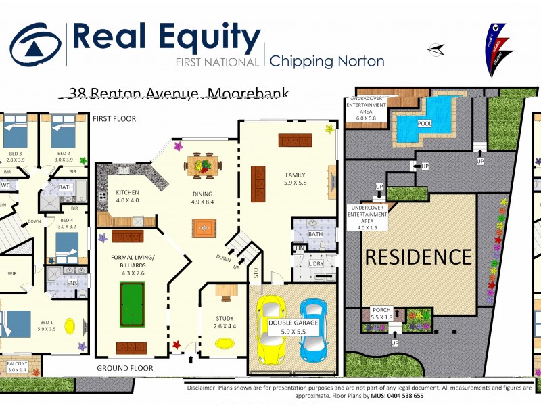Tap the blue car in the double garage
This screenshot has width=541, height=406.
tap(314, 330)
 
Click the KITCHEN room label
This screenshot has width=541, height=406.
tap(127, 196)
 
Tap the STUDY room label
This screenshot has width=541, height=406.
tap(225, 321)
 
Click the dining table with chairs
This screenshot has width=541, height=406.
tap(204, 164)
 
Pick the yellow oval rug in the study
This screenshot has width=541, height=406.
tap(225, 343)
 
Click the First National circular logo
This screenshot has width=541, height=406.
tap(35, 44)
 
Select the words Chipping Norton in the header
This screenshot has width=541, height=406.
tap(327, 61)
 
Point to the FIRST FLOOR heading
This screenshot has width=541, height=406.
tap(114, 119)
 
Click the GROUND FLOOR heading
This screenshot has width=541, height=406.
tap(124, 369)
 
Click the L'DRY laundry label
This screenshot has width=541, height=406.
tap(316, 263)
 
